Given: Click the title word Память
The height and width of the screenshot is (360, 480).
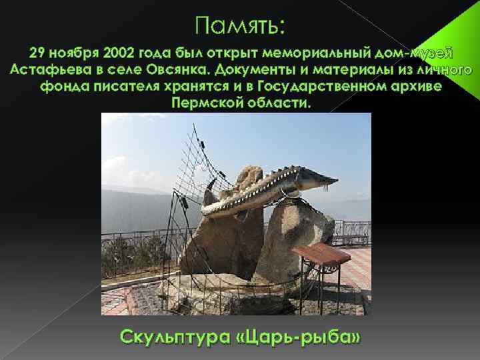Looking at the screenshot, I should point(240,26).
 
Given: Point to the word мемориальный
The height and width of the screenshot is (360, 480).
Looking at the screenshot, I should point(321,53).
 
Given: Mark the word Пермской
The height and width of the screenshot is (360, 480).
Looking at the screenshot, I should point(204,105).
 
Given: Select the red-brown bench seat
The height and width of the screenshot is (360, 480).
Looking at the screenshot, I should point(321,254).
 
